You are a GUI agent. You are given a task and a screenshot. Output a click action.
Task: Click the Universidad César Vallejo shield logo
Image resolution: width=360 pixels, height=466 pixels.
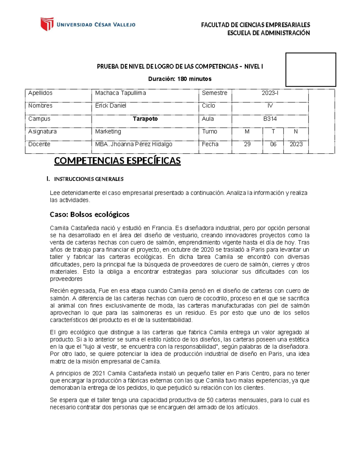coord(47,24)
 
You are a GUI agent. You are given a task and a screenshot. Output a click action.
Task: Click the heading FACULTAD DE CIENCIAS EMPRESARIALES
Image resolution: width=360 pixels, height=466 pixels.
coord(255,25)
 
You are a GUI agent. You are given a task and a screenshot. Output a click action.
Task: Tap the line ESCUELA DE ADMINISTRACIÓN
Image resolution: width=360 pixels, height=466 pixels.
coord(268,33)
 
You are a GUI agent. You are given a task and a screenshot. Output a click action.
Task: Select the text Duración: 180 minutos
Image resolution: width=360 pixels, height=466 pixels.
coord(180,79)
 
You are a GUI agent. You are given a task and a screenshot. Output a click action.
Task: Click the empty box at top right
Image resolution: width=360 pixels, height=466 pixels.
coord(310,70)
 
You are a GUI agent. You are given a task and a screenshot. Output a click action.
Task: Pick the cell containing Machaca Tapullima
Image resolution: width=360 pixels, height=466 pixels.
coord(121,93)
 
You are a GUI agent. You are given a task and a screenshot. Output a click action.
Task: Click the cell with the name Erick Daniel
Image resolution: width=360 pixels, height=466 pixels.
coord(111,106)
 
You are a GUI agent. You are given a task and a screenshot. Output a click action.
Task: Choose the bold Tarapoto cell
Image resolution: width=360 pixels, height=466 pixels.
coord(145,119)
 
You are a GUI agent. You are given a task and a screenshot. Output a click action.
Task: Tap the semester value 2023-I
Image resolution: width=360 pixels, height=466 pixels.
coord(270,93)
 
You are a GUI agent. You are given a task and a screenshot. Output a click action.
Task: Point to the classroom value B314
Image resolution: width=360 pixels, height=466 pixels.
coord(270,119)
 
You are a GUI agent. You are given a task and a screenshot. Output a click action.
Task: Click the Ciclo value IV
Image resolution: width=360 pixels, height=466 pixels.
coord(270,106)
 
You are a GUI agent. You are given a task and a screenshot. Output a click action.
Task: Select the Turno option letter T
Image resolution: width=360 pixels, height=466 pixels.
coord(273,131)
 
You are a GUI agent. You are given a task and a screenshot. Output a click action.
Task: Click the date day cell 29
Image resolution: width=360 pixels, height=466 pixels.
coord(247,144)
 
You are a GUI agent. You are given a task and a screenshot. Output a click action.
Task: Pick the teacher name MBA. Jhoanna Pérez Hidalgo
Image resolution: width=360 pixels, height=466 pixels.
coord(134,144)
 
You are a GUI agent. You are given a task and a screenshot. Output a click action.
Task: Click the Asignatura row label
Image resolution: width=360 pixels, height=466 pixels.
coord(42,131)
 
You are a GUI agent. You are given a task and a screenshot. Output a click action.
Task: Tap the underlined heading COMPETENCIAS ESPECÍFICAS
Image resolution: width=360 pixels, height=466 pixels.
coord(117,161)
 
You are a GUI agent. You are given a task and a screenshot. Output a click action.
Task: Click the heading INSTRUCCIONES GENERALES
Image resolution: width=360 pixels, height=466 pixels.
coord(88,179)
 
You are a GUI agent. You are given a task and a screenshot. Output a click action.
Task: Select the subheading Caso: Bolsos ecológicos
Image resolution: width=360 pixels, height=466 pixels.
coord(89,215)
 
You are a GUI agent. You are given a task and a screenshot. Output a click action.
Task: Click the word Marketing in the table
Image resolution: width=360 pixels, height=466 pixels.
coord(108,131)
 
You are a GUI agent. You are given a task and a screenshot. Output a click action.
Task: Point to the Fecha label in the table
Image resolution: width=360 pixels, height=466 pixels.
coord(210,144)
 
